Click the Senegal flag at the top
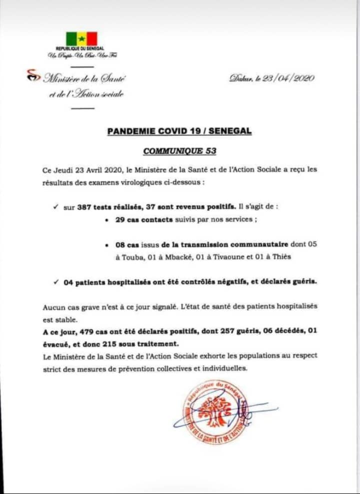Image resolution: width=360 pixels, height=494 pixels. click(81, 38)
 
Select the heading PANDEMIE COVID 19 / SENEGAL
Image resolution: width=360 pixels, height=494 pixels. click(179, 131)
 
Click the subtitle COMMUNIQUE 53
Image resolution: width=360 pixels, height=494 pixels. click(179, 150)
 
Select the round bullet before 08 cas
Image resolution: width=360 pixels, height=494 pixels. click(107, 245)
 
